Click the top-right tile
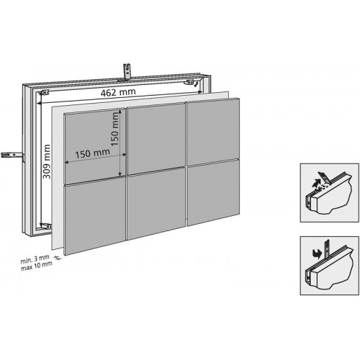pyautogui.click(x=213, y=133)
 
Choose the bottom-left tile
pyautogui.click(x=96, y=217)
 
